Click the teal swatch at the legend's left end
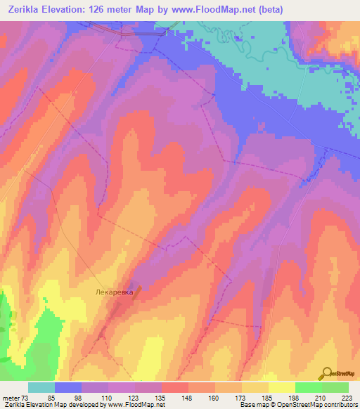click(41, 387)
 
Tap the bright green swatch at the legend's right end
click(335, 387)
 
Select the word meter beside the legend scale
click(11, 398)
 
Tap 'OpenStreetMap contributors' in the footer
click(315, 405)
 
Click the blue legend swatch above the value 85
click(68, 387)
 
